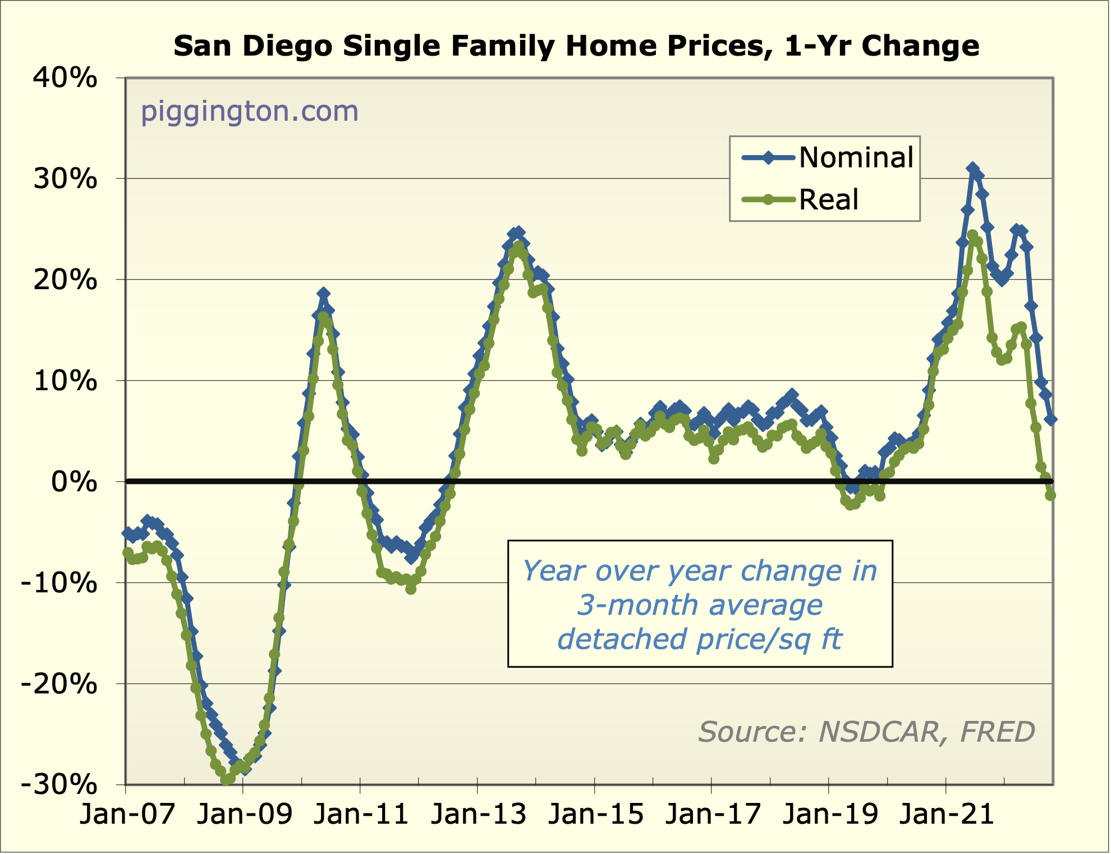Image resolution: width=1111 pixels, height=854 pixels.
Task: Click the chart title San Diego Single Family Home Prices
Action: point(576,46)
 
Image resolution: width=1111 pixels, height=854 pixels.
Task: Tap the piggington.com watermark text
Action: point(249,111)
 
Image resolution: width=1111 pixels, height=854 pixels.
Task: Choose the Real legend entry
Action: point(828,200)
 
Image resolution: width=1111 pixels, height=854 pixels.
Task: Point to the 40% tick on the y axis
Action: point(65,78)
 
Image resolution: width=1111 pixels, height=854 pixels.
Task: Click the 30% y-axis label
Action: point(65,179)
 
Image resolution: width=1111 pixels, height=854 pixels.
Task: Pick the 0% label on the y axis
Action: point(74,482)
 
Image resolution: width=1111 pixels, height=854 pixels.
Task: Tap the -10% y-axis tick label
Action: point(59,583)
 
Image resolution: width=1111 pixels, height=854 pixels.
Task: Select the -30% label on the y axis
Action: point(59,784)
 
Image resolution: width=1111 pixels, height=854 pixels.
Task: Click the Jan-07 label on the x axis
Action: point(127,814)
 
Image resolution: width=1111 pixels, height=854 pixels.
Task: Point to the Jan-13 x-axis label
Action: point(479,814)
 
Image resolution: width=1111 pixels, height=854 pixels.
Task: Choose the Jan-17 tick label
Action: point(713,814)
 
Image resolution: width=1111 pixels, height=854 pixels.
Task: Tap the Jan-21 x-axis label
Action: point(947,814)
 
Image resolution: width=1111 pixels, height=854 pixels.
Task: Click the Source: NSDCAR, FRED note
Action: point(866,732)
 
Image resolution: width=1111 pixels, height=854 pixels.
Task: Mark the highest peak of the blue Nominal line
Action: point(972,168)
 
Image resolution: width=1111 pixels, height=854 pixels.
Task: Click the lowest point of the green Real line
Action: point(226,780)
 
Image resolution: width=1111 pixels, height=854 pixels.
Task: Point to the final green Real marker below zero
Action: point(1050,495)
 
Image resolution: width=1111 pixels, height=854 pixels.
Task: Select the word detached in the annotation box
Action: point(623,640)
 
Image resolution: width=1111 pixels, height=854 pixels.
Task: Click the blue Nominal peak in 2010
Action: point(323,294)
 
